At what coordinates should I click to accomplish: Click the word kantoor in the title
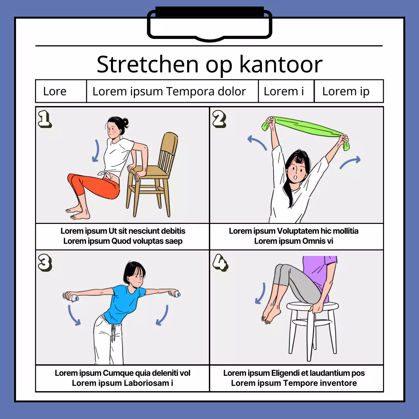tap(281, 64)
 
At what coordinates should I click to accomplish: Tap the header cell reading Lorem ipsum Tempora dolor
tap(169, 91)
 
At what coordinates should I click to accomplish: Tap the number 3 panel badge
tap(45, 263)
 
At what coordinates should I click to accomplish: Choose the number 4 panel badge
tap(220, 263)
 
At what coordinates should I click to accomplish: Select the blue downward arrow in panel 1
tap(96, 151)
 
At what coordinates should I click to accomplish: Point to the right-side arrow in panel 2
tap(350, 162)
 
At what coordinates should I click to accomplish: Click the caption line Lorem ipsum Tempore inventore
tap(294, 383)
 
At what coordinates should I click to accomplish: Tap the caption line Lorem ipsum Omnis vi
tap(294, 241)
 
